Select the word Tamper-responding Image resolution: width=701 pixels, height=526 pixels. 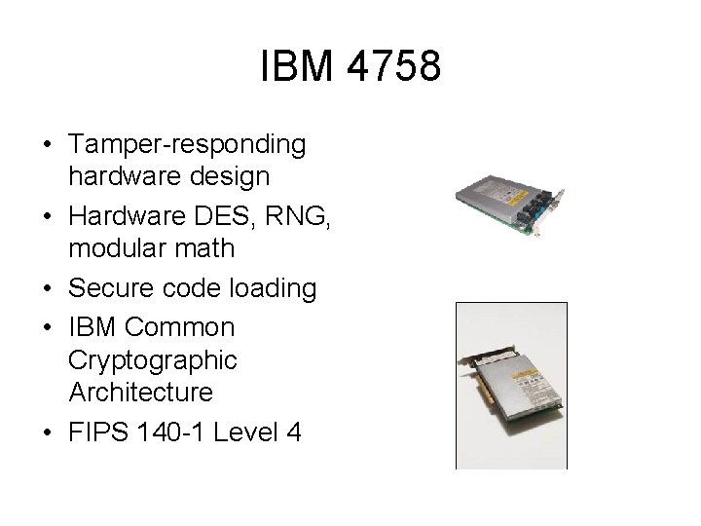point(188,145)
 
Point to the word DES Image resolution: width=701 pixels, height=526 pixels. point(223,214)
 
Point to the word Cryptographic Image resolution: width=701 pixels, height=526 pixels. point(153,359)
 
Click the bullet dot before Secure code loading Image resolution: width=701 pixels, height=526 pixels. point(47,289)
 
